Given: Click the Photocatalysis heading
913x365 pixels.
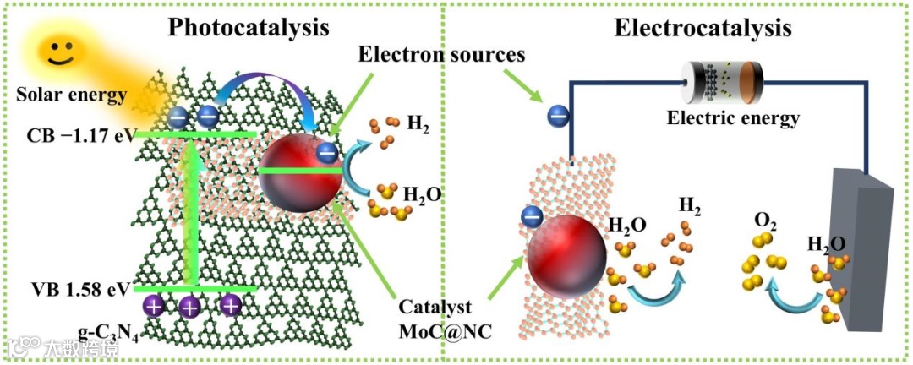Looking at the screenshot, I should tap(248, 27).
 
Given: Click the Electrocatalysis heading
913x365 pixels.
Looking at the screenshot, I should tap(703, 28).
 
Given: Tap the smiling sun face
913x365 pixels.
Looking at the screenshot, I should tap(58, 55).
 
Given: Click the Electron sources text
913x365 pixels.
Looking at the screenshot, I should tap(441, 56).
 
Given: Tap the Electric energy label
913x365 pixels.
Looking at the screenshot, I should tap(733, 118).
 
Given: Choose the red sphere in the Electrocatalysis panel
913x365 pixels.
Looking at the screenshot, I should tap(566, 258).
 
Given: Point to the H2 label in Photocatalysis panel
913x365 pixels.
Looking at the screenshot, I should tap(418, 124).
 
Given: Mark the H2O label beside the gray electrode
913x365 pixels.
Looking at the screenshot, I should tap(826, 245).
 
